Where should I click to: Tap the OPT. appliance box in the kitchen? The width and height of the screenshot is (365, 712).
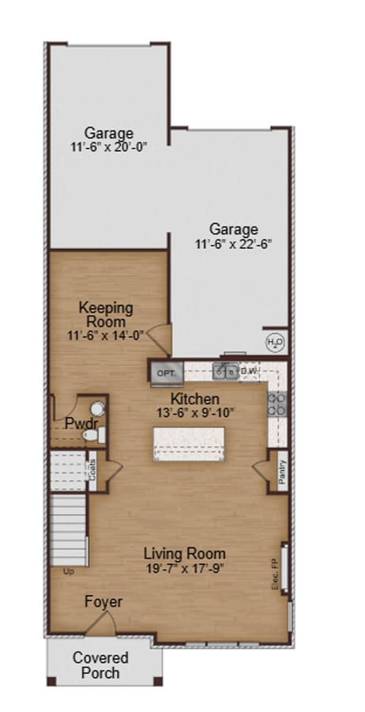(x=166, y=372)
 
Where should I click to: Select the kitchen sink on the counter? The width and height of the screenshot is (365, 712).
(x=225, y=370)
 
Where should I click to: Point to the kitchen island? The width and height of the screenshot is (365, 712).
(x=189, y=444)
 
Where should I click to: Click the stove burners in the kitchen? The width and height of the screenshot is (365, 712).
(x=277, y=403)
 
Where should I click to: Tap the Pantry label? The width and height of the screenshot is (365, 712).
(x=281, y=472)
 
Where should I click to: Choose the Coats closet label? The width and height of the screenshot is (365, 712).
(x=92, y=470)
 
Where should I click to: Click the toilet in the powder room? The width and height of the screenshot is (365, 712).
(x=92, y=434)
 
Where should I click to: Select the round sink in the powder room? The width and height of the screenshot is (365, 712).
(x=97, y=408)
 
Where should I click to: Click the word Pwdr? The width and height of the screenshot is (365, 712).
(x=81, y=423)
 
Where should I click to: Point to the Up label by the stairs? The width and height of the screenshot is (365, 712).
(x=68, y=570)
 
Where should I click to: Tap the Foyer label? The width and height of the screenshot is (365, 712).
(x=104, y=602)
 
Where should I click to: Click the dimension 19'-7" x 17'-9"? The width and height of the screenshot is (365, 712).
(x=185, y=567)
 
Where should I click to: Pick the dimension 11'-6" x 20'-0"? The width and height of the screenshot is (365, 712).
(x=109, y=146)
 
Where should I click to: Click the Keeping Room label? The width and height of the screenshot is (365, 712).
(x=106, y=314)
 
